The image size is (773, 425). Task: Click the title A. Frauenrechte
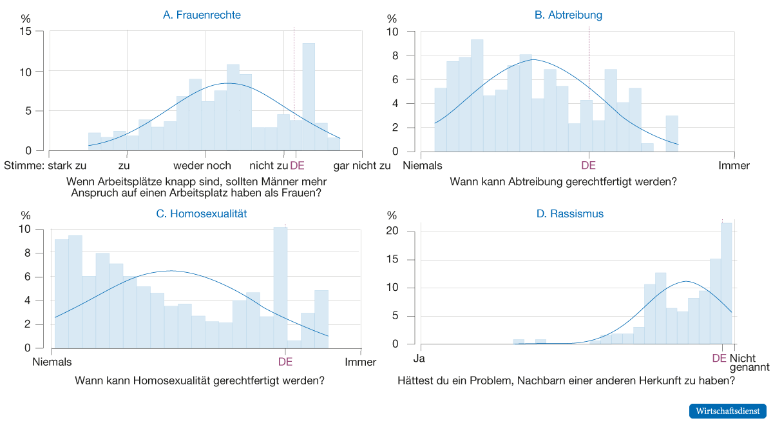[202, 15]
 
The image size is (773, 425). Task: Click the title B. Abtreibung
[568, 15]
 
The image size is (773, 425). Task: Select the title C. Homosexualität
[202, 213]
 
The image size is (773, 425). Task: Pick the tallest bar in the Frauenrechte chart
[309, 97]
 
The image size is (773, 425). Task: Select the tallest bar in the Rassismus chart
[726, 284]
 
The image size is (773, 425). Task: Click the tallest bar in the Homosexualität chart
[280, 287]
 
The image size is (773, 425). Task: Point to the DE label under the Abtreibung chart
[589, 166]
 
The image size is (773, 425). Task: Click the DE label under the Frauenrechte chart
[297, 166]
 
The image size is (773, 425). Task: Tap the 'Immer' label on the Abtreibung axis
[734, 166]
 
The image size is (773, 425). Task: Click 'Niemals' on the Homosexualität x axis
[52, 362]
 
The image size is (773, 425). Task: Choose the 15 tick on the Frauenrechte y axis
[25, 32]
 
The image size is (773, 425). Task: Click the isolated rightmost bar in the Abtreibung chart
[672, 134]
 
